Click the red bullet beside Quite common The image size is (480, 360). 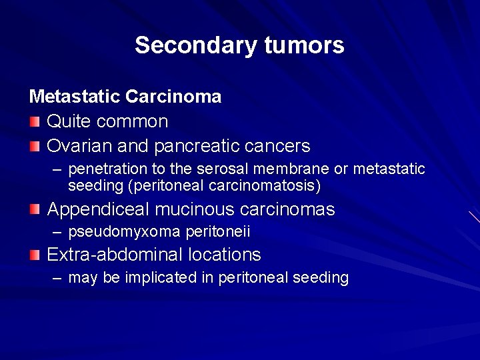coord(35,121)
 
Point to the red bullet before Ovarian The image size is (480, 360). coord(35,145)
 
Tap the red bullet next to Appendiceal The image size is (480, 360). coord(35,209)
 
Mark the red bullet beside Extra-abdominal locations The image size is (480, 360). coord(35,254)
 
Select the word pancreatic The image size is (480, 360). coord(197,145)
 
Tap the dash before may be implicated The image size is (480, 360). coord(58,277)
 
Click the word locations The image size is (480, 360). coord(224,254)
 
